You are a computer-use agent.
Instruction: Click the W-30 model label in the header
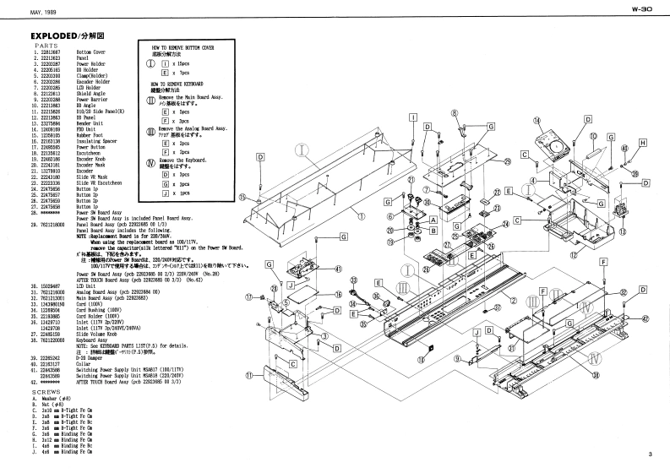point(642,10)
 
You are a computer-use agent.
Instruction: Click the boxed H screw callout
point(642,144)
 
